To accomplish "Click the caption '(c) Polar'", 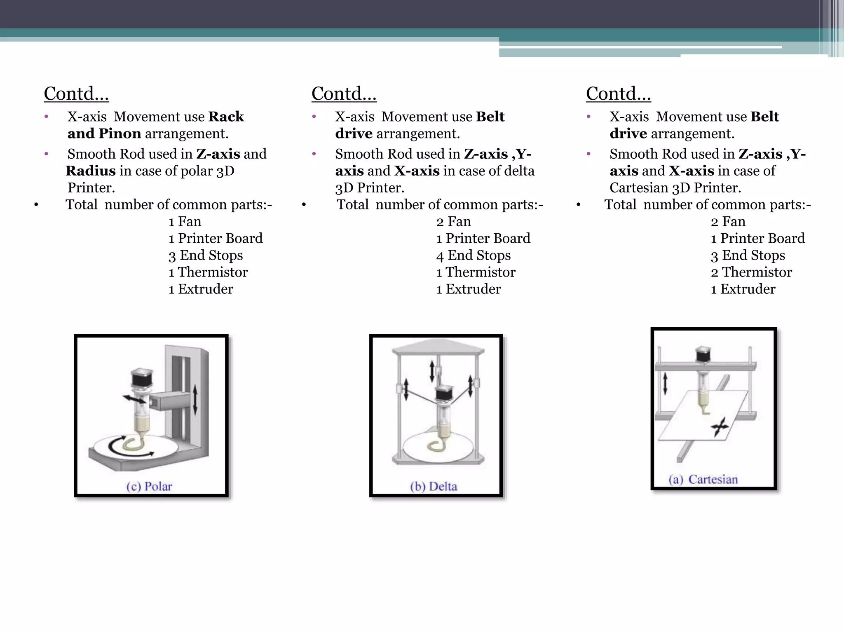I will point(149,486).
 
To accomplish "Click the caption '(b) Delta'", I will point(434,486).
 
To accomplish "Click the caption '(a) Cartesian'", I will point(703,479).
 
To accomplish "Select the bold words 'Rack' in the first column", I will point(226,117).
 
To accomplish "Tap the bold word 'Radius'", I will point(91,171).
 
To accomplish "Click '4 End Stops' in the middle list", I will point(474,256).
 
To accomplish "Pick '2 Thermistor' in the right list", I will point(751,272).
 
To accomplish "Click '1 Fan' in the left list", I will point(185,222).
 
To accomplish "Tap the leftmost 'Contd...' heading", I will point(76,94).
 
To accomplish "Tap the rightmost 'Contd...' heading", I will point(619,94).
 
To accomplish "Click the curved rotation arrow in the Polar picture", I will point(120,447).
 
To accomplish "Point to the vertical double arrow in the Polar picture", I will point(195,399).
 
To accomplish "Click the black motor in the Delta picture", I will point(444,393).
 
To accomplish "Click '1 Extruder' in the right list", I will point(743,289).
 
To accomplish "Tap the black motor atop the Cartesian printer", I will point(703,354).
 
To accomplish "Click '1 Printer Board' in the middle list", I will point(483,239).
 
